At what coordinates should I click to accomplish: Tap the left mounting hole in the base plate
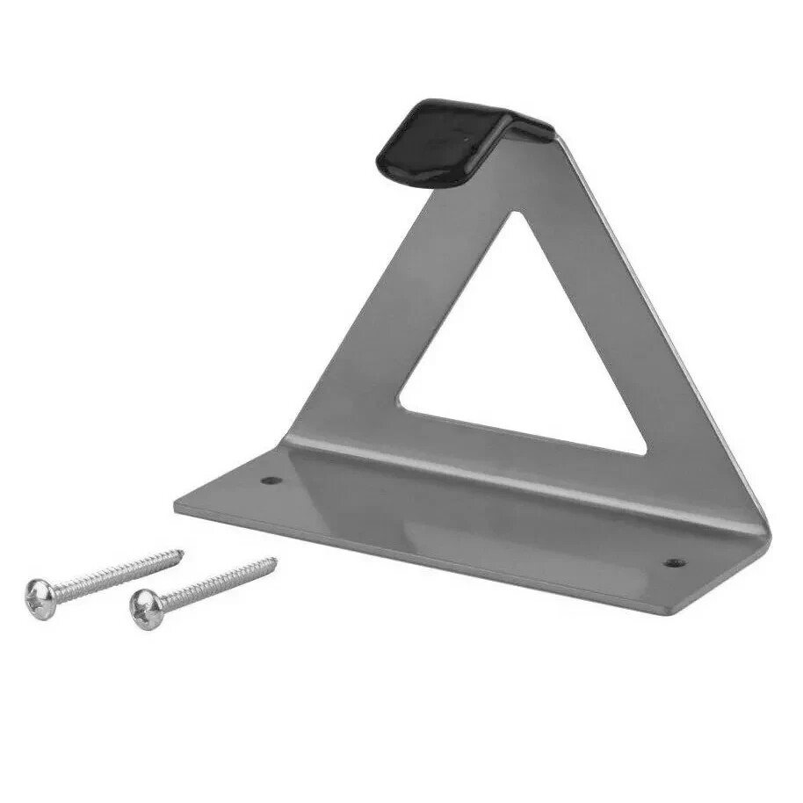270,481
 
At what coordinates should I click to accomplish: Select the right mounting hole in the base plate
673,562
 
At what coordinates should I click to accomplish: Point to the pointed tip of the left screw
182,553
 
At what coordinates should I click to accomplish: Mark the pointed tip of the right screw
275,560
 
